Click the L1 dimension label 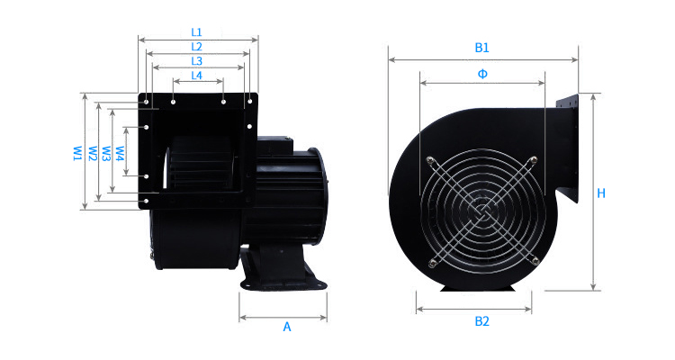coord(196,32)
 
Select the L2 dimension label coord(196,47)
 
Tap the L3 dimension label coord(196,61)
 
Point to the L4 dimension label coord(196,76)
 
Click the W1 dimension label coord(77,153)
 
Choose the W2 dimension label coord(93,153)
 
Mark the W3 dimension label coord(106,153)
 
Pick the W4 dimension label coord(120,153)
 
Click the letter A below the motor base coord(287,328)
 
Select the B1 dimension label coord(481,48)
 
